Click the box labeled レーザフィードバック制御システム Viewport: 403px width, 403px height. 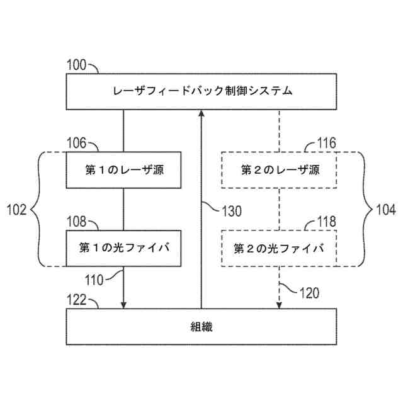click(201, 91)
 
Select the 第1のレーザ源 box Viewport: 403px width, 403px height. click(123, 170)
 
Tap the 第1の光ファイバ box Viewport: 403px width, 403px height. click(123, 247)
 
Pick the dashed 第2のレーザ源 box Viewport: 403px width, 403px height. click(280, 170)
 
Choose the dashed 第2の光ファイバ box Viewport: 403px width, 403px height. click(280, 248)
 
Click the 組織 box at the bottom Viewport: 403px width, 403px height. click(201, 326)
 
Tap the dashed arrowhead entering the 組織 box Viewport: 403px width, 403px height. click(279, 305)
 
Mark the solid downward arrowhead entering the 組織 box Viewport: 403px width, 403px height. click(123, 305)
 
